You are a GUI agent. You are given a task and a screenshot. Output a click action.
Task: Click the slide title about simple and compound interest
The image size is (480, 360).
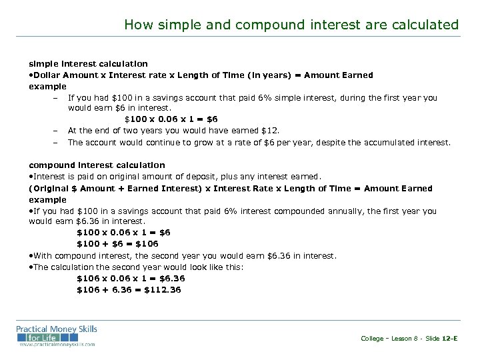click(291, 25)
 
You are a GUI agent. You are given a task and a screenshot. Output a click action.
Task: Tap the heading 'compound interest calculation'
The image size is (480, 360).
click(97, 165)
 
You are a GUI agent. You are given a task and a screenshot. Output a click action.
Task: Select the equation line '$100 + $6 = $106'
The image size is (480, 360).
click(117, 243)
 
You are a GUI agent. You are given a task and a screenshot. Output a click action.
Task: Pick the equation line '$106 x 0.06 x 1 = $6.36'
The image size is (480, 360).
click(131, 278)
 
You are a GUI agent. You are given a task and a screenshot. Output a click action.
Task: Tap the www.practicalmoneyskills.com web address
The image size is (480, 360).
click(57, 344)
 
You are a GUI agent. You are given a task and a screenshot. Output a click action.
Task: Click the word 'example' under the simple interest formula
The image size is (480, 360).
click(48, 86)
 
